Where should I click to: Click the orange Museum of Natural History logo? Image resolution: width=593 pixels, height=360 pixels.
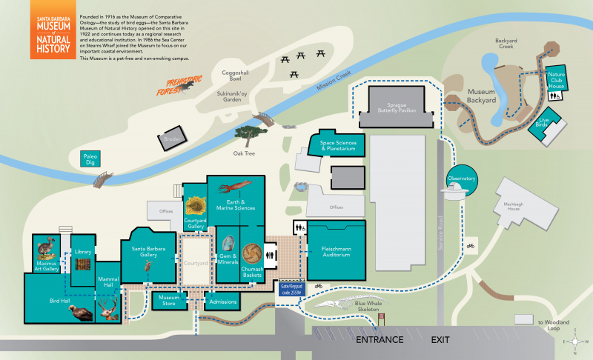tap(50, 31)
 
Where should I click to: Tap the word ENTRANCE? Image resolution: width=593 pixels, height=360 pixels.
tap(380, 340)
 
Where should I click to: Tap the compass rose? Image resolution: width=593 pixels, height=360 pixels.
tap(575, 341)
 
